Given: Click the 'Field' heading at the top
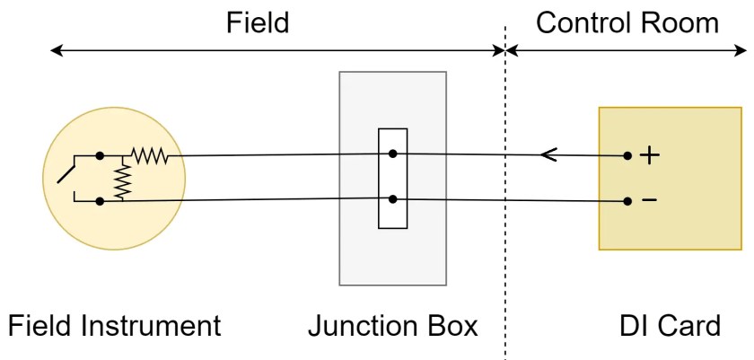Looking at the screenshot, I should (258, 22).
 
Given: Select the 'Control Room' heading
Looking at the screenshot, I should (627, 22).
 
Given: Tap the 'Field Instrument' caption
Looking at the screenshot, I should (114, 325).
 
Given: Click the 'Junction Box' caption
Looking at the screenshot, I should (392, 325).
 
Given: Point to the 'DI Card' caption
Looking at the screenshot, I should (670, 325).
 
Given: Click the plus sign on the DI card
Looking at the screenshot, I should (648, 156).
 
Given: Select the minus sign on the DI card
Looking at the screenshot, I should (648, 199).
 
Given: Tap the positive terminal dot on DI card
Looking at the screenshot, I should (627, 156).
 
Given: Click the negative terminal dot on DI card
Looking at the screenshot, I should (627, 200).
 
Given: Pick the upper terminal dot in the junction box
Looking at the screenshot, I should (393, 154).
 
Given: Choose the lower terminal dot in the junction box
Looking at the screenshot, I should (393, 199).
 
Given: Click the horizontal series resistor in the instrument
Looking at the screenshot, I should (148, 156).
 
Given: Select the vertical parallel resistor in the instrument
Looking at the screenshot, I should (122, 180).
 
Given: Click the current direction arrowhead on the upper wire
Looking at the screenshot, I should (548, 156).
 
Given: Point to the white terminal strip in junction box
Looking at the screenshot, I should (393, 179).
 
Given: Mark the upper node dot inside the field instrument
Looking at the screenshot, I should (100, 156).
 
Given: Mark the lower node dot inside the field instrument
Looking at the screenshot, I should (100, 201).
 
